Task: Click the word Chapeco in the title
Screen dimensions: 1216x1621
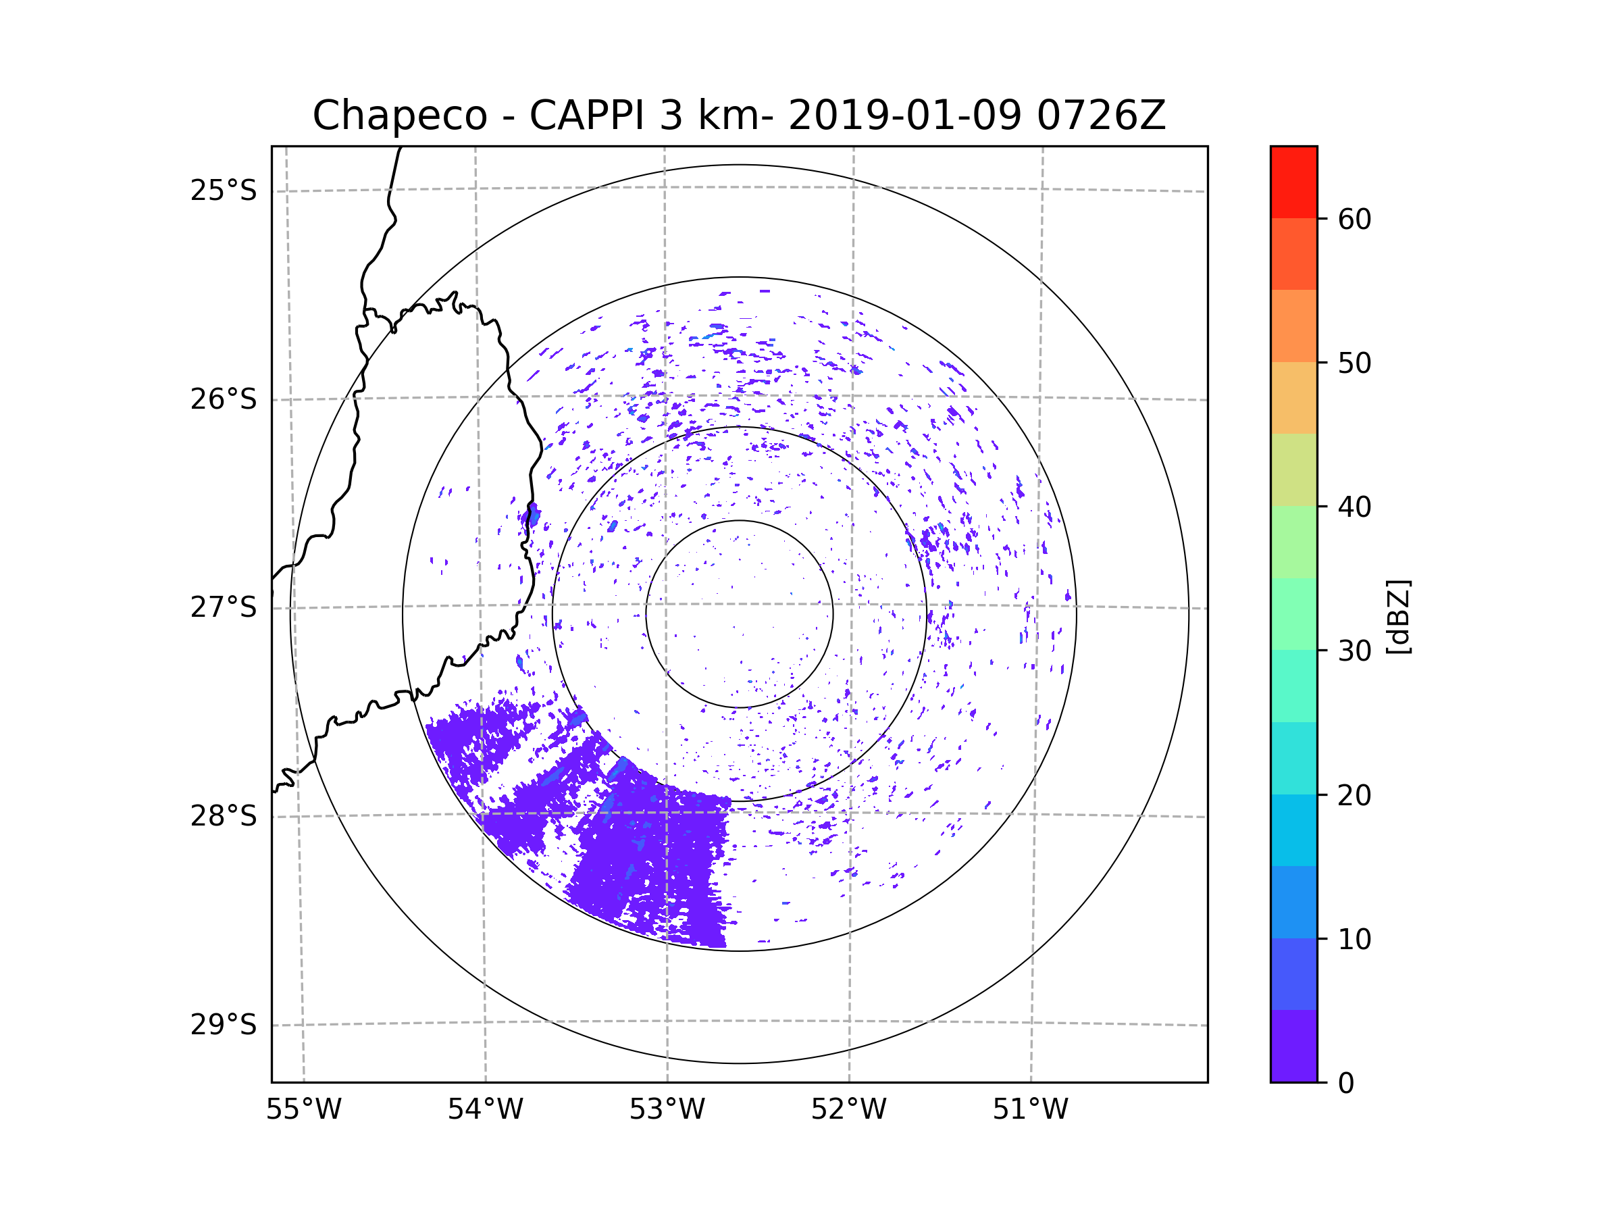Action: coord(399,116)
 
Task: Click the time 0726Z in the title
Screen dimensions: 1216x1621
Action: coord(1100,116)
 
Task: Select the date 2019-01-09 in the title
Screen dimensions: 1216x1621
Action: coord(904,116)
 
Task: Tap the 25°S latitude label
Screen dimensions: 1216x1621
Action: coord(224,191)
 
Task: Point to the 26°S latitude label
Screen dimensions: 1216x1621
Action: coord(224,399)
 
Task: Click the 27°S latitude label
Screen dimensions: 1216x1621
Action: coord(224,607)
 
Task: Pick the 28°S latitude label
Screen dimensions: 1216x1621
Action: coord(224,816)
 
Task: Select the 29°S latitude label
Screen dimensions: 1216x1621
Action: coord(224,1025)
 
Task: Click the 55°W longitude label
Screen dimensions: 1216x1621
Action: coord(303,1110)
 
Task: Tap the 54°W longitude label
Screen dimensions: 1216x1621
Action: coord(485,1110)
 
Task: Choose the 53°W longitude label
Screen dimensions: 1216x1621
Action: coord(667,1110)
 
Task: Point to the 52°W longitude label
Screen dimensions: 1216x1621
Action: coord(848,1110)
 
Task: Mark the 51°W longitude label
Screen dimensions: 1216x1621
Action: coord(1030,1110)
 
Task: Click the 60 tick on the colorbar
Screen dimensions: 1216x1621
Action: coord(1354,219)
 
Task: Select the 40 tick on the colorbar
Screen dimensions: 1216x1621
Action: coord(1354,507)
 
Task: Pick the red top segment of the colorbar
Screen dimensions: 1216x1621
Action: coord(1293,182)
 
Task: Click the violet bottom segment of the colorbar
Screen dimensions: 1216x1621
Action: coord(1293,1046)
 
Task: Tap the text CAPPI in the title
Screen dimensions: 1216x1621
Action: coord(586,116)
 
